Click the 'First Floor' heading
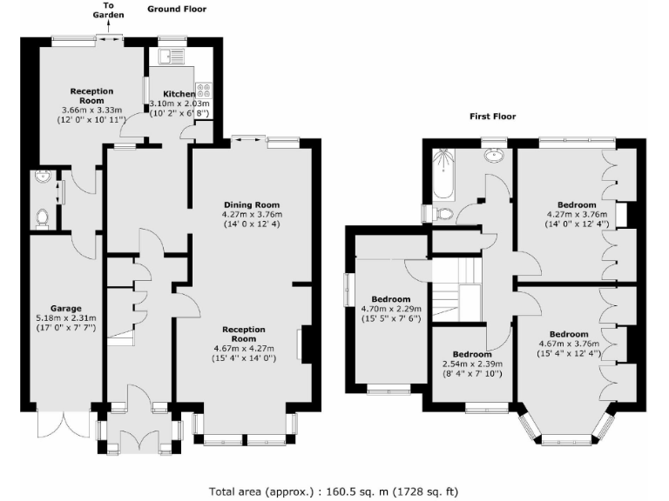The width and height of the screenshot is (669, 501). point(492,116)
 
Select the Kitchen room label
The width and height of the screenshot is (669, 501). point(179,93)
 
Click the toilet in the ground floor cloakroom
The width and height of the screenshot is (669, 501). point(42,216)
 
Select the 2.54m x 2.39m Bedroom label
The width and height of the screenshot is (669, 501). point(473,354)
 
